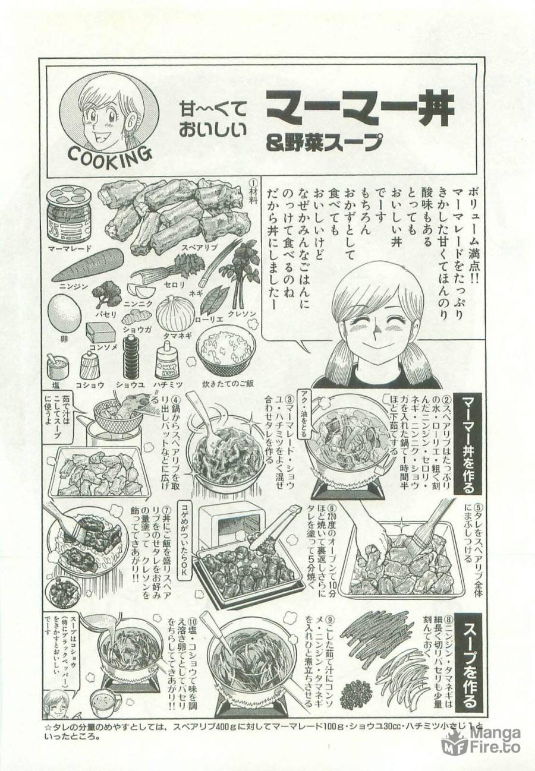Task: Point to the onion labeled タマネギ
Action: (175, 313)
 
